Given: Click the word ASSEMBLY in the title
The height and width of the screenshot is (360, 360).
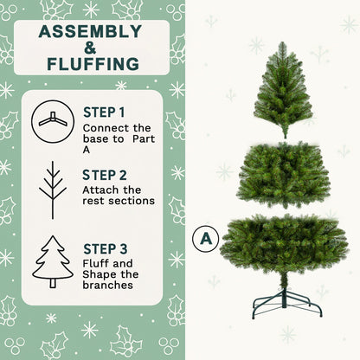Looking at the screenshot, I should point(90,32).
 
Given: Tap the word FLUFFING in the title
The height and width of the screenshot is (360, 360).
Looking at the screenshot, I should point(91,64).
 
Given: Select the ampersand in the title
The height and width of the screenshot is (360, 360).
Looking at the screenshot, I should point(90,48).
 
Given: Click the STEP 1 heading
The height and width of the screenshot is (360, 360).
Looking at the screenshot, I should point(104,112).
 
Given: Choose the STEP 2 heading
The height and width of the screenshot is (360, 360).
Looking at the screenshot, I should point(104,173).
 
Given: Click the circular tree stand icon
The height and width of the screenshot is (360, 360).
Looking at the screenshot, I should point(53,120).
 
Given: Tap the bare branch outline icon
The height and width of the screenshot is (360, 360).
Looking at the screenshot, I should point(53,190).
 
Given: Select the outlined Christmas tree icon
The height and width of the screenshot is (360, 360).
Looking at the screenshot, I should point(53,261).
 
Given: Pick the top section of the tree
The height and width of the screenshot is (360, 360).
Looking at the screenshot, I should point(283,90).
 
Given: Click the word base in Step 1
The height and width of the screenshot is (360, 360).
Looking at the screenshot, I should point(98,140).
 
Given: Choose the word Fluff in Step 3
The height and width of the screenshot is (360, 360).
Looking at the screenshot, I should point(97,264).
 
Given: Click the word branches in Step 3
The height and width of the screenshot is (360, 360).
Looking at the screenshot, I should point(109,286).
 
